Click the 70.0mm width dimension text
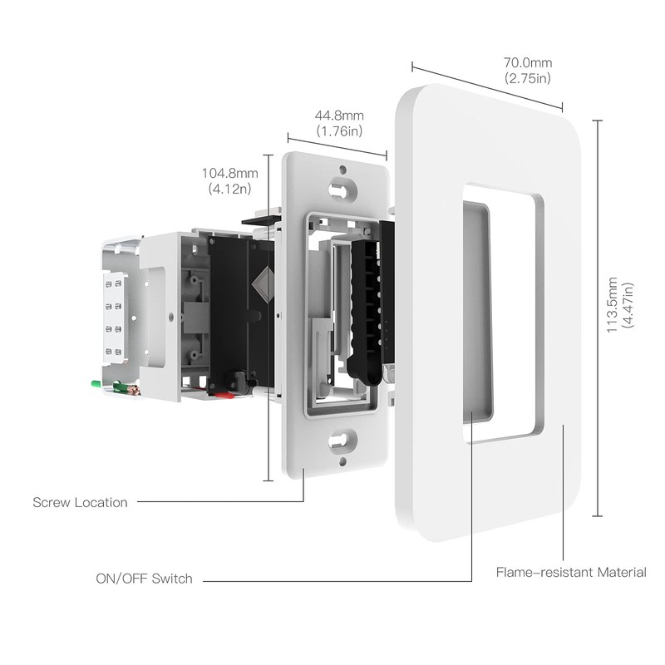[x=527, y=63]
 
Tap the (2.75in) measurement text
[x=527, y=78]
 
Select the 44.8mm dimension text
[x=338, y=116]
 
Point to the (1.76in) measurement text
[x=338, y=131]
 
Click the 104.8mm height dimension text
[x=230, y=174]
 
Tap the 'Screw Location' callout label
[x=80, y=502]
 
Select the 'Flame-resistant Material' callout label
[x=570, y=572]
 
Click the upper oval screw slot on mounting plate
[x=339, y=189]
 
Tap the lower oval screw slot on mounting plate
[x=342, y=441]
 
